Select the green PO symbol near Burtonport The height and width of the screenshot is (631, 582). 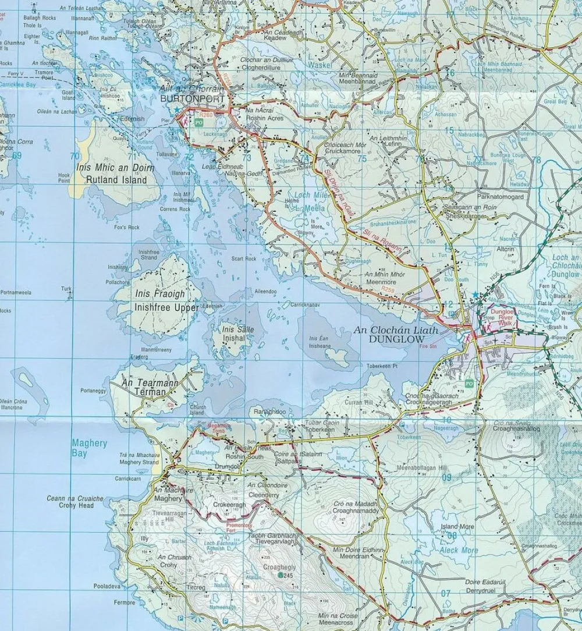click(199, 123)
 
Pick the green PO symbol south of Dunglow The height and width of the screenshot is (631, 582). click(469, 384)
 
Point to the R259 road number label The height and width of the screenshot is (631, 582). click(388, 288)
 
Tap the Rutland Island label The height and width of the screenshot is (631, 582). click(116, 180)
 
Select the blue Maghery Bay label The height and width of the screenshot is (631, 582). click(89, 448)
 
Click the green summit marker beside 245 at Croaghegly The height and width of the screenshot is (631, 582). click(281, 575)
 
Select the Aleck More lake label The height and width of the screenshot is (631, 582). click(459, 550)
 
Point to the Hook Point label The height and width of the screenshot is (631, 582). click(64, 178)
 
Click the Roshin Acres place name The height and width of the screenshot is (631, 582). click(265, 119)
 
